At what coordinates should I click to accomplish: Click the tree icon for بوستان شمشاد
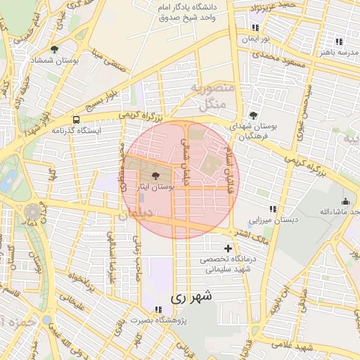click(x=54, y=49)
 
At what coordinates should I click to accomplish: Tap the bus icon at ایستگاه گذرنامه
click(x=76, y=120)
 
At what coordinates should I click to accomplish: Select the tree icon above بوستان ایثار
click(x=155, y=177)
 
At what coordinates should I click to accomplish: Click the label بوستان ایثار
click(x=156, y=188)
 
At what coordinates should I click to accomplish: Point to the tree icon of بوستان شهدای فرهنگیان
click(x=253, y=115)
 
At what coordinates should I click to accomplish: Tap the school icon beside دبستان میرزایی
click(x=273, y=209)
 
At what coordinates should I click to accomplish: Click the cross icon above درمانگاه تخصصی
click(x=228, y=248)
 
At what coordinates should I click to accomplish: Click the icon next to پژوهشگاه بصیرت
click(x=159, y=309)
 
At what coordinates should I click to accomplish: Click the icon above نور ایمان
click(x=255, y=27)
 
